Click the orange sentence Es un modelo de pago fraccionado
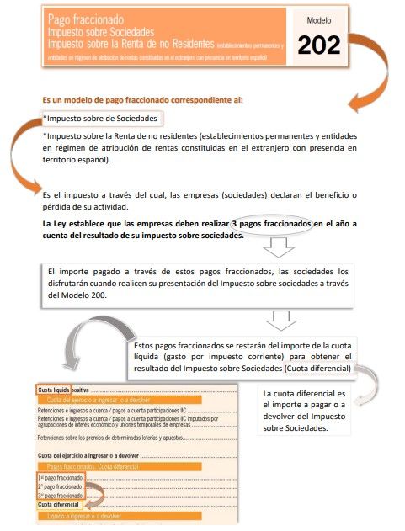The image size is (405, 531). (142, 99)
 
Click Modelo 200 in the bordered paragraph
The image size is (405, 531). (82, 295)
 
